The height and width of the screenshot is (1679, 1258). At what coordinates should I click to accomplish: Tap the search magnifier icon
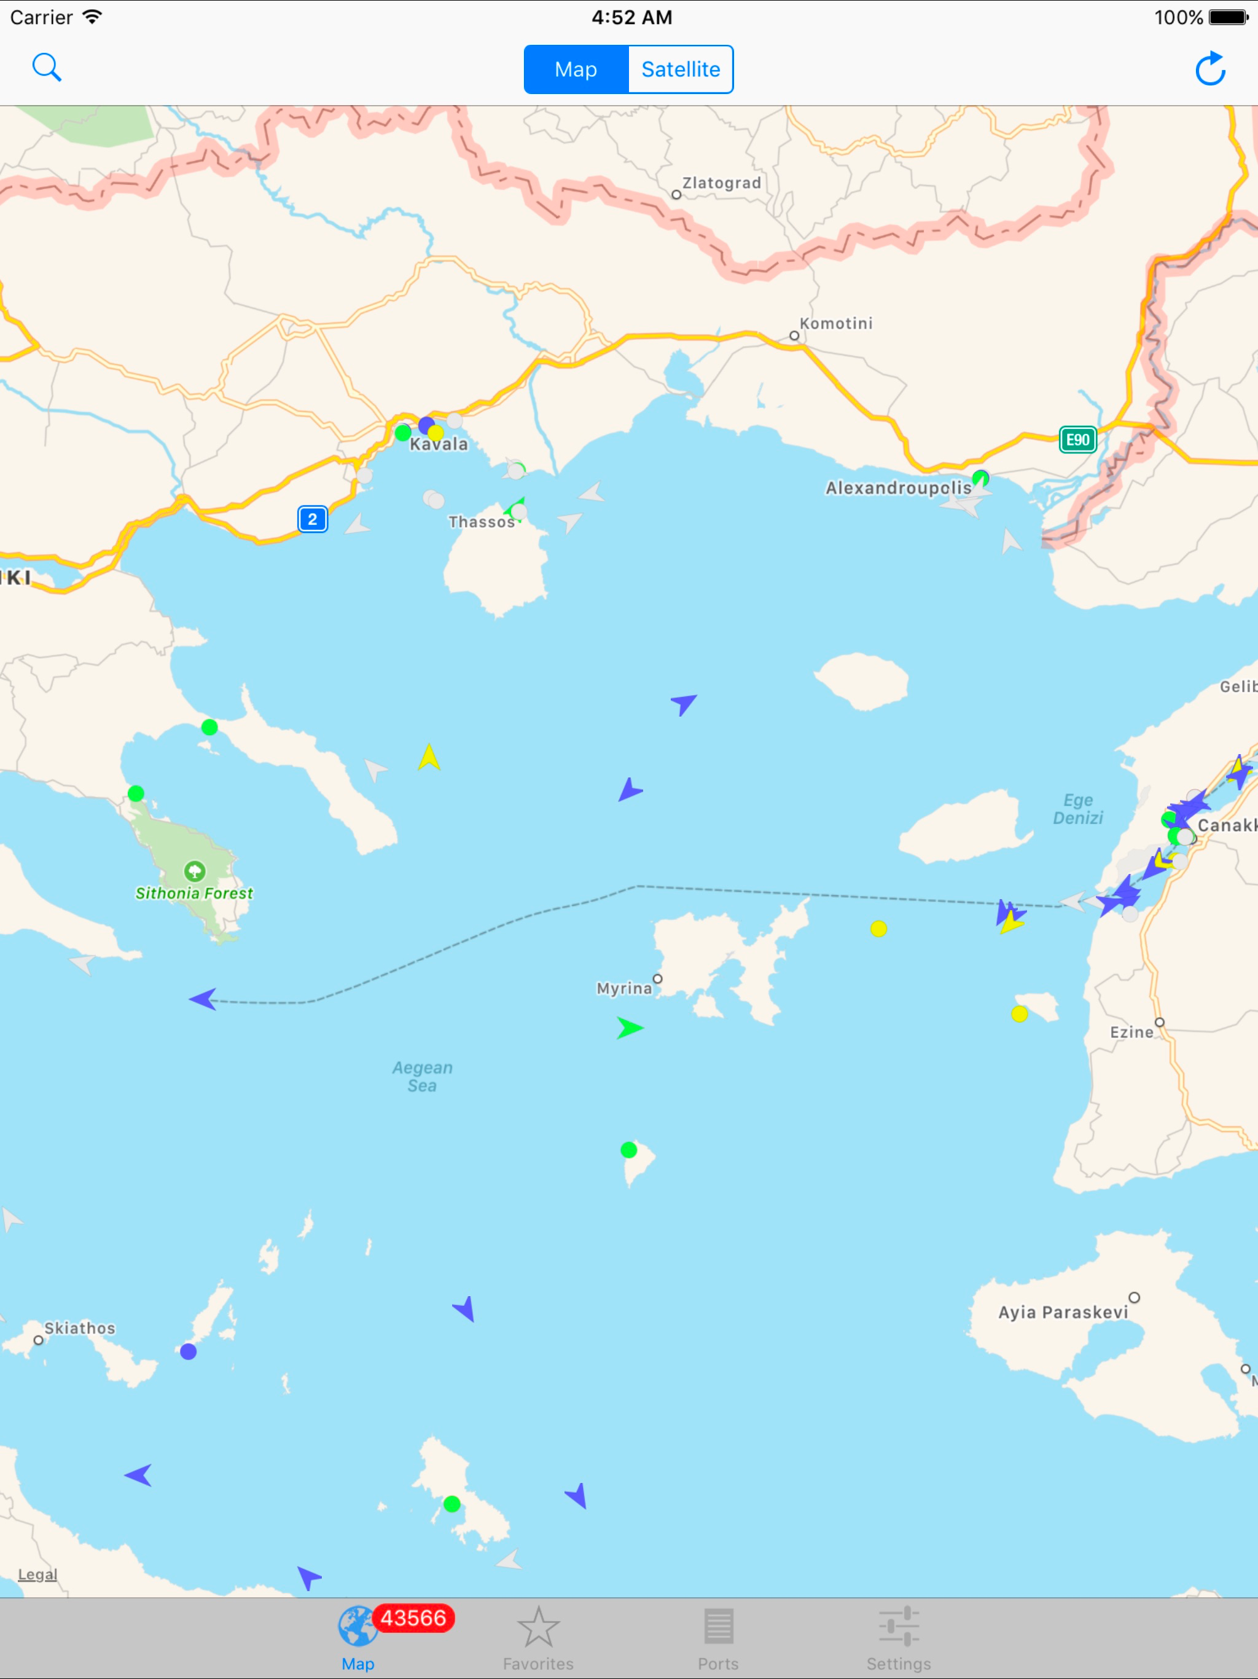click(46, 68)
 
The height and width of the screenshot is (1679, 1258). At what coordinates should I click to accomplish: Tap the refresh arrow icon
click(1210, 69)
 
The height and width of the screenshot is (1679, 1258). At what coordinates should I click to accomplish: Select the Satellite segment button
click(681, 69)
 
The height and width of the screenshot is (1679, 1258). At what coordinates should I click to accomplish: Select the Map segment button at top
click(576, 69)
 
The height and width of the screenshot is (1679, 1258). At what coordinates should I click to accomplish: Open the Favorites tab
click(538, 1640)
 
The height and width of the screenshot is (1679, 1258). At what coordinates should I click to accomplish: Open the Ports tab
click(718, 1640)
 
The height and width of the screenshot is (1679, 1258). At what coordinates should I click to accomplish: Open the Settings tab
click(899, 1640)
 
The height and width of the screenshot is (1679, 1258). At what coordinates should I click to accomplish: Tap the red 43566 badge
click(413, 1618)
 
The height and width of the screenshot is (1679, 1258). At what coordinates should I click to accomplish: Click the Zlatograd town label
click(721, 183)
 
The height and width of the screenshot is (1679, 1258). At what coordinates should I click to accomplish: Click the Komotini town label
click(835, 323)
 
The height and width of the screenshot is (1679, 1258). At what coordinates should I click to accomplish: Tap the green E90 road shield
click(1077, 439)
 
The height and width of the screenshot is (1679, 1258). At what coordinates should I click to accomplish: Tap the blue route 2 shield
click(313, 519)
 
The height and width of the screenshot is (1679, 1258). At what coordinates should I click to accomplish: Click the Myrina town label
click(623, 988)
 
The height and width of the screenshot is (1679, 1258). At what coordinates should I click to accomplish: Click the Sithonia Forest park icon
click(195, 871)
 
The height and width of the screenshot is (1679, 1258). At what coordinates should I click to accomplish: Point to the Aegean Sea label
click(422, 1076)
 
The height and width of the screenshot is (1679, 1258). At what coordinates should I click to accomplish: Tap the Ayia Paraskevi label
click(1062, 1312)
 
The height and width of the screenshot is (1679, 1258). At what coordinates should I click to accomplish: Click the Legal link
click(37, 1575)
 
